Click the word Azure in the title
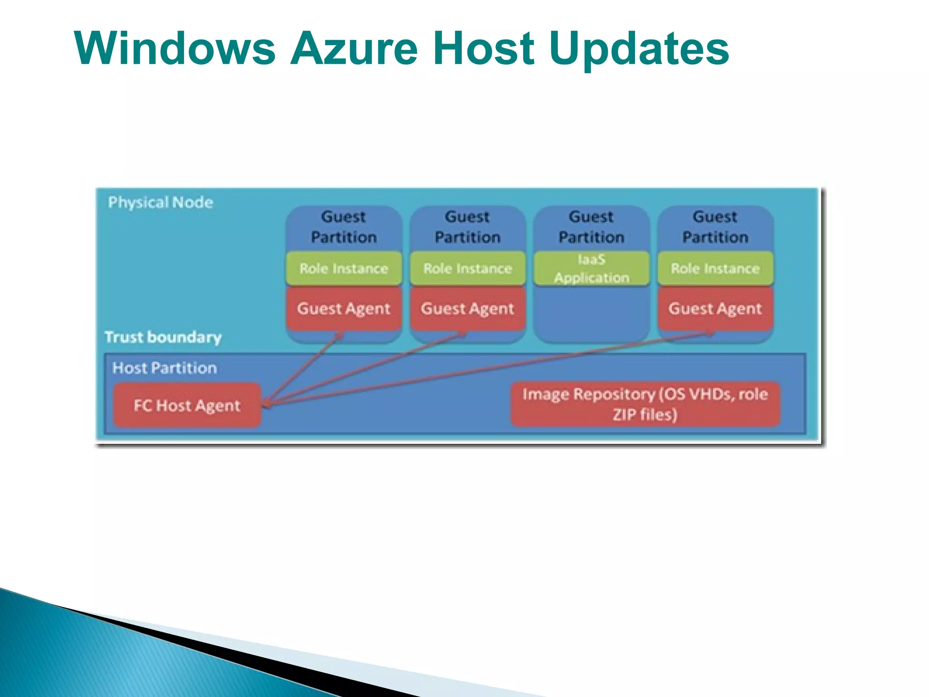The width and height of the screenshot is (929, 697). coord(353,49)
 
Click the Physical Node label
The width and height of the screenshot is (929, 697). coord(160,202)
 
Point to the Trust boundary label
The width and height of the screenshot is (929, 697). coord(163,337)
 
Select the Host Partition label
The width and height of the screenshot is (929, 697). coord(164,368)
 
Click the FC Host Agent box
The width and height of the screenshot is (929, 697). coord(187,405)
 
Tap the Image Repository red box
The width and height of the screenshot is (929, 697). coord(645,404)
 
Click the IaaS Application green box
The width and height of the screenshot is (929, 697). coord(592,269)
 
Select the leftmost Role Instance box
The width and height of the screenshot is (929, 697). coord(344,269)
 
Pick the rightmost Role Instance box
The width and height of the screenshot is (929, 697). coord(715,269)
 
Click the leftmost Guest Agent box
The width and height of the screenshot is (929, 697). coord(344,309)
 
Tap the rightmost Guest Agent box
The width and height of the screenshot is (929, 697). coord(715,309)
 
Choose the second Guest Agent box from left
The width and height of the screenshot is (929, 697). coord(468,309)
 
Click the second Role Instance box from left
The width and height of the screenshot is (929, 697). coord(468,269)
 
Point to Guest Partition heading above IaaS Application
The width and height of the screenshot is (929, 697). coord(592,227)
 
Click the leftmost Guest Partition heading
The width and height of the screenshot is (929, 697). coord(344,227)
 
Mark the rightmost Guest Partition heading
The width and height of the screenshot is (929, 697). coord(715,227)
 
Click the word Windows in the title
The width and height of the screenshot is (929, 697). coord(175,49)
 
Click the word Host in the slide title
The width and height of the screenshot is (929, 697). coord(484,49)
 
